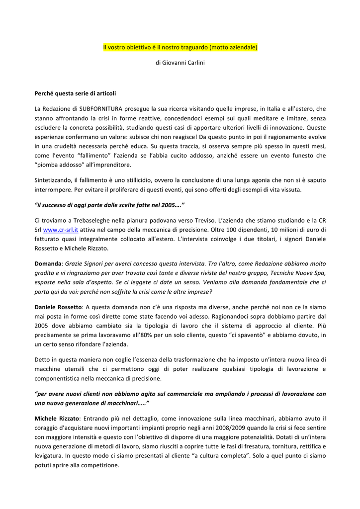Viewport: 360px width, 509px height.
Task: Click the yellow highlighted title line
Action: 180,48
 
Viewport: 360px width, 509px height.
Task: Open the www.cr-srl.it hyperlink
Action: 57,230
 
